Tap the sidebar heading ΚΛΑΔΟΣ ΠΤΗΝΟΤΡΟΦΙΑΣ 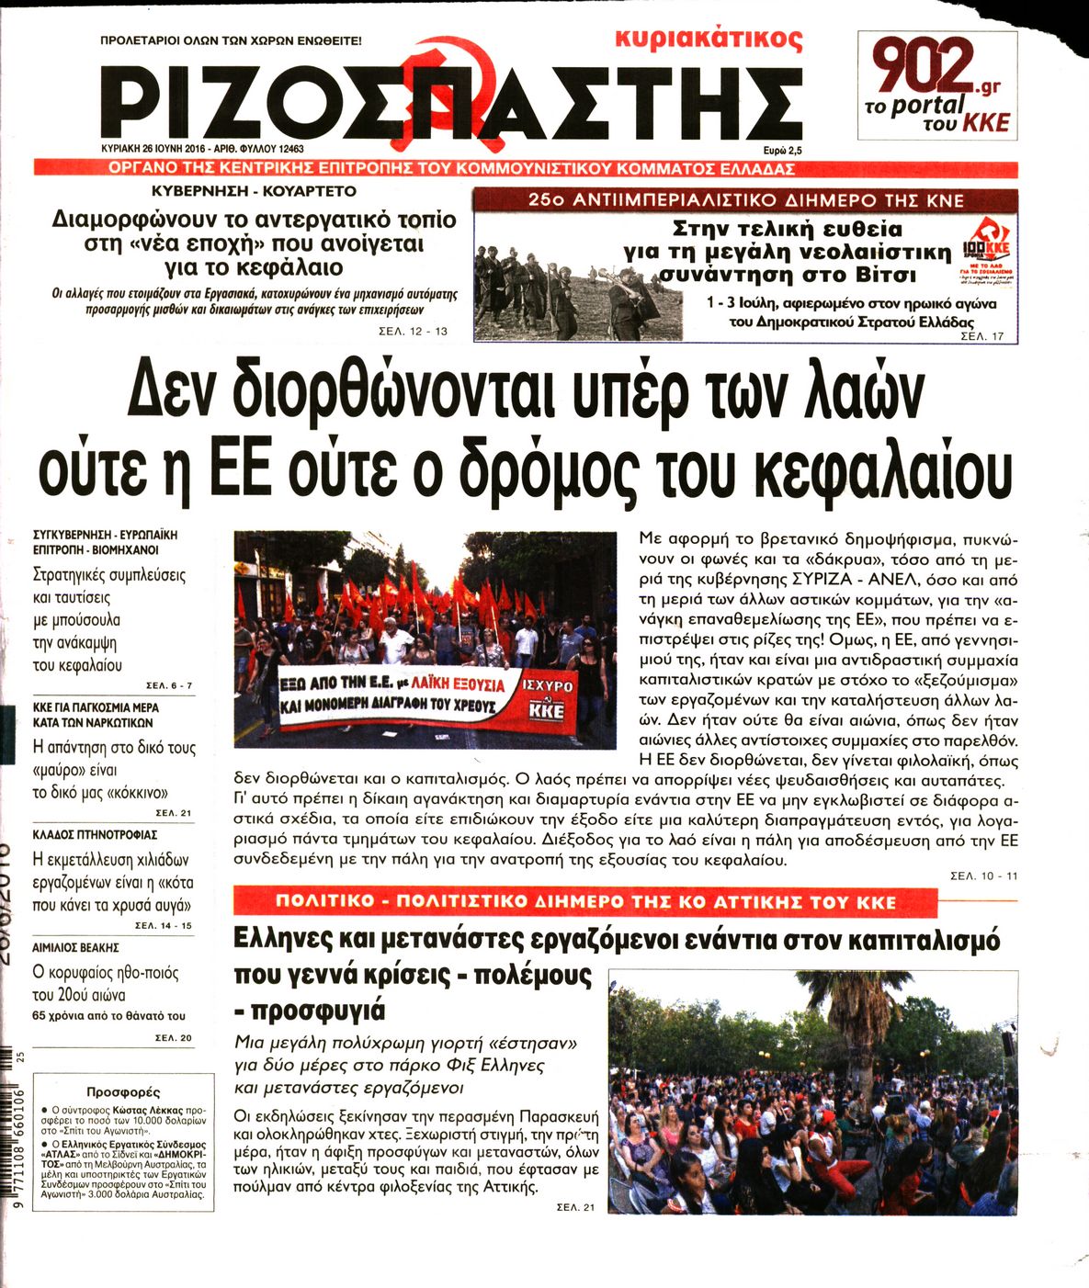point(95,834)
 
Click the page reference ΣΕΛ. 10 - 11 point(983,876)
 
